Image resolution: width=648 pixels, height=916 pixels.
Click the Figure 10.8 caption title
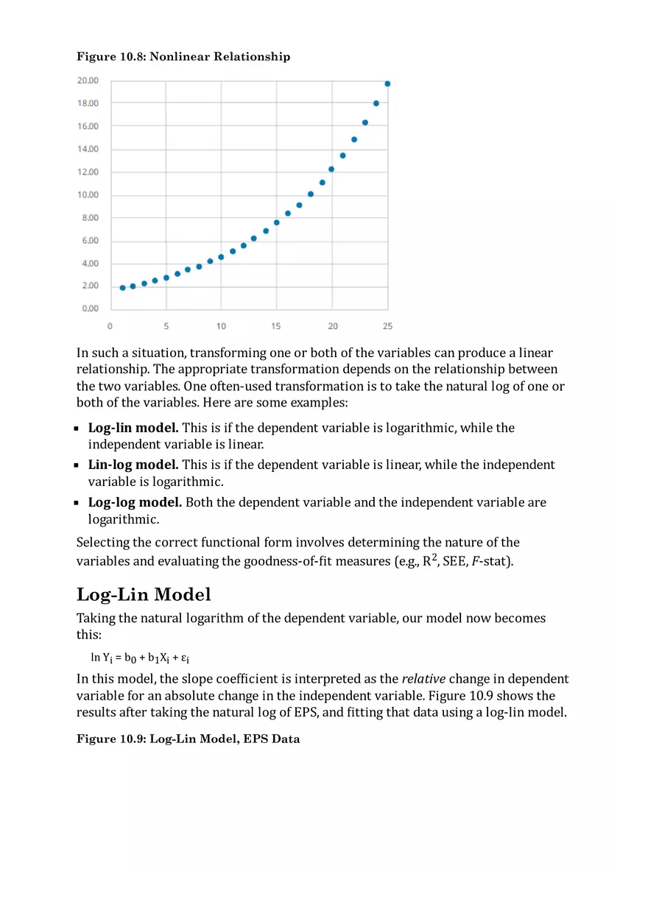(183, 57)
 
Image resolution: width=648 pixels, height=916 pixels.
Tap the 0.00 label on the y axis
(90, 309)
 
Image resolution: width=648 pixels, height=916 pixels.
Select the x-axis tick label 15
(276, 326)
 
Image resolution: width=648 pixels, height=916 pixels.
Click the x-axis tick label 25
(387, 326)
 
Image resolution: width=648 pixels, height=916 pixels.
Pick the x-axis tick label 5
(166, 326)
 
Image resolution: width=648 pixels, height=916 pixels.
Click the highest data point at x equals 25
(387, 84)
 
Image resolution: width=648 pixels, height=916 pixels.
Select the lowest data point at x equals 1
(122, 288)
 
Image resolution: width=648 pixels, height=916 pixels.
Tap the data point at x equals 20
(331, 169)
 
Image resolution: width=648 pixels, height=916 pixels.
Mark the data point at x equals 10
(221, 257)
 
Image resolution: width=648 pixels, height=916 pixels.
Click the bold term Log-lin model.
(133, 428)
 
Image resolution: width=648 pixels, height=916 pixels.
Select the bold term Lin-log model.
(133, 465)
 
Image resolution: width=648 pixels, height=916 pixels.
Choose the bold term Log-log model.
(135, 502)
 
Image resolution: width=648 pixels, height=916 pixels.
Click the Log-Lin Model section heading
(144, 594)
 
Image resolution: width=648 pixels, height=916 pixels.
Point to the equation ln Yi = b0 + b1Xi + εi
(140, 658)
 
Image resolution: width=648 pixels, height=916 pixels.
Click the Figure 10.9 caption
(189, 739)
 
